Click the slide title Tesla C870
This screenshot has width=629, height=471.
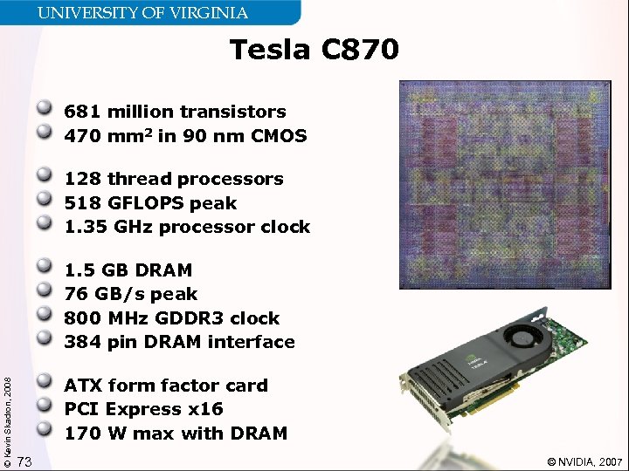click(314, 51)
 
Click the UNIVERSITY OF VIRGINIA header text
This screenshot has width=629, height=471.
click(142, 13)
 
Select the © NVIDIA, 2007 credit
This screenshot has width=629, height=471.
click(584, 461)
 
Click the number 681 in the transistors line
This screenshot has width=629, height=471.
click(82, 112)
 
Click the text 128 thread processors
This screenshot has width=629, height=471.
click(174, 179)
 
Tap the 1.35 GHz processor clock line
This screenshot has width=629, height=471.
click(187, 227)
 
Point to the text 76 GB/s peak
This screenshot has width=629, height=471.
click(131, 294)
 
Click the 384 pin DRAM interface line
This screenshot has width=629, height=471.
click(179, 342)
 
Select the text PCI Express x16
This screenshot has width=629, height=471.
click(143, 409)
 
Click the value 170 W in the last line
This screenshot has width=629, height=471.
click(88, 433)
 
